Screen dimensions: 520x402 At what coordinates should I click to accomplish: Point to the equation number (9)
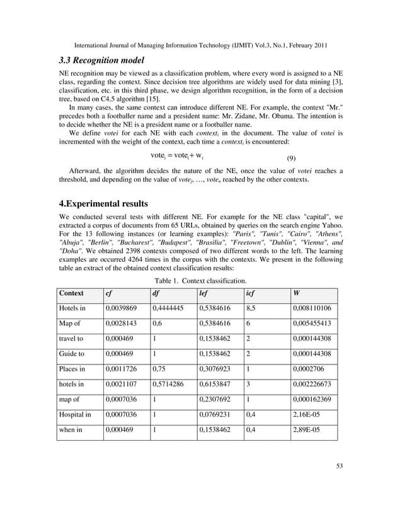point(292,158)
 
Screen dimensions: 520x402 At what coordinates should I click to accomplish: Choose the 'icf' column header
point(251,293)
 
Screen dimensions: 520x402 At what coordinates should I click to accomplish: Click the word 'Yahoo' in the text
point(332,225)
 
